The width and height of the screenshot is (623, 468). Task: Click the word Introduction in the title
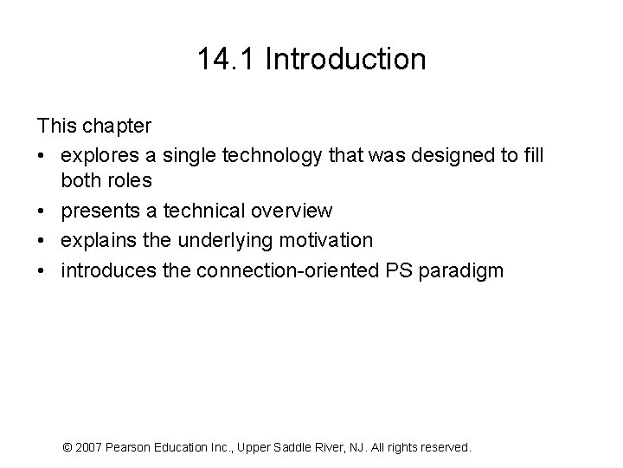(346, 59)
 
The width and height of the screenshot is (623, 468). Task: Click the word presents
(97, 211)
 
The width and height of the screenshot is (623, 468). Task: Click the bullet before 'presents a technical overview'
(43, 211)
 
